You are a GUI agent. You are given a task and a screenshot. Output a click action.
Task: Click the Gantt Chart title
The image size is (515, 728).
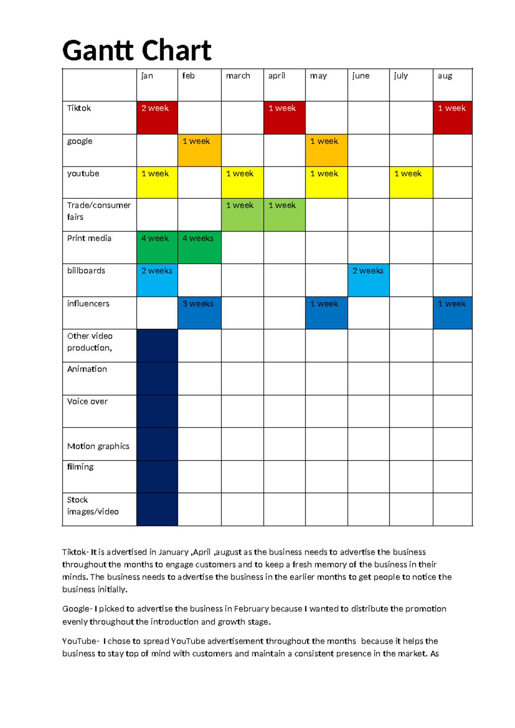tap(136, 51)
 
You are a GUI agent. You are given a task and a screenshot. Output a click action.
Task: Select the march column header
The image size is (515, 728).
tap(238, 76)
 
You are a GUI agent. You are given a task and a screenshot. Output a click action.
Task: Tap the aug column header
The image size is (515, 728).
tap(445, 76)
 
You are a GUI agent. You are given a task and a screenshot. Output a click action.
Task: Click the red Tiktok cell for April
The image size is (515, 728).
tap(284, 118)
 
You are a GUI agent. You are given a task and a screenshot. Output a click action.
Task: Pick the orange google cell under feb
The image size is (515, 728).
tap(199, 150)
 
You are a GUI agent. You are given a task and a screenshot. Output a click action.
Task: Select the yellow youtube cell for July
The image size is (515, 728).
tap(411, 182)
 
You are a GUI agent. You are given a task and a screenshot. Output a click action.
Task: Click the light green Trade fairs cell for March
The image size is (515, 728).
tap(242, 215)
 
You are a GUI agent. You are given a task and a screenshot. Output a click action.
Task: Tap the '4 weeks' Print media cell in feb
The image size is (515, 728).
tap(199, 247)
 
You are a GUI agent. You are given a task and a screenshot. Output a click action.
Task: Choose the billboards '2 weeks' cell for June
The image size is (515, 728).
tap(368, 280)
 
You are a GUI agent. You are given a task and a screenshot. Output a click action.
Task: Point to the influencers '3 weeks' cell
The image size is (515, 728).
tap(199, 313)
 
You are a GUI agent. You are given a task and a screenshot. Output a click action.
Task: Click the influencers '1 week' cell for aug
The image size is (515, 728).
tap(452, 313)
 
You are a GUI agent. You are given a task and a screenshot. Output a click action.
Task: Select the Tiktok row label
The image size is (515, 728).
tap(79, 108)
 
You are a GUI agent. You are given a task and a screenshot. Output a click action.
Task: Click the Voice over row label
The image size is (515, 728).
tap(87, 401)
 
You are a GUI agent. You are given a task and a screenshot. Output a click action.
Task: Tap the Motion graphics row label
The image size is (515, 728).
tap(98, 446)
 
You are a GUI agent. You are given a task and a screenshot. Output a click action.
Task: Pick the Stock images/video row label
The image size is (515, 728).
tap(93, 506)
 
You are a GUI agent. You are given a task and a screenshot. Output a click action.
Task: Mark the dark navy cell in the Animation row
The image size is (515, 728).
tap(157, 379)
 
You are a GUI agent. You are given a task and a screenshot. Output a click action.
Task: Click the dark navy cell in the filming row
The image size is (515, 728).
tap(157, 476)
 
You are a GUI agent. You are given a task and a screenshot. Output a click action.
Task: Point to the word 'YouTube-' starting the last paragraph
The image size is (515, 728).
tap(81, 641)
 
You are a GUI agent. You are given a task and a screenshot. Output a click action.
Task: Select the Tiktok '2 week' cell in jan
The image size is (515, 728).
tap(157, 118)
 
